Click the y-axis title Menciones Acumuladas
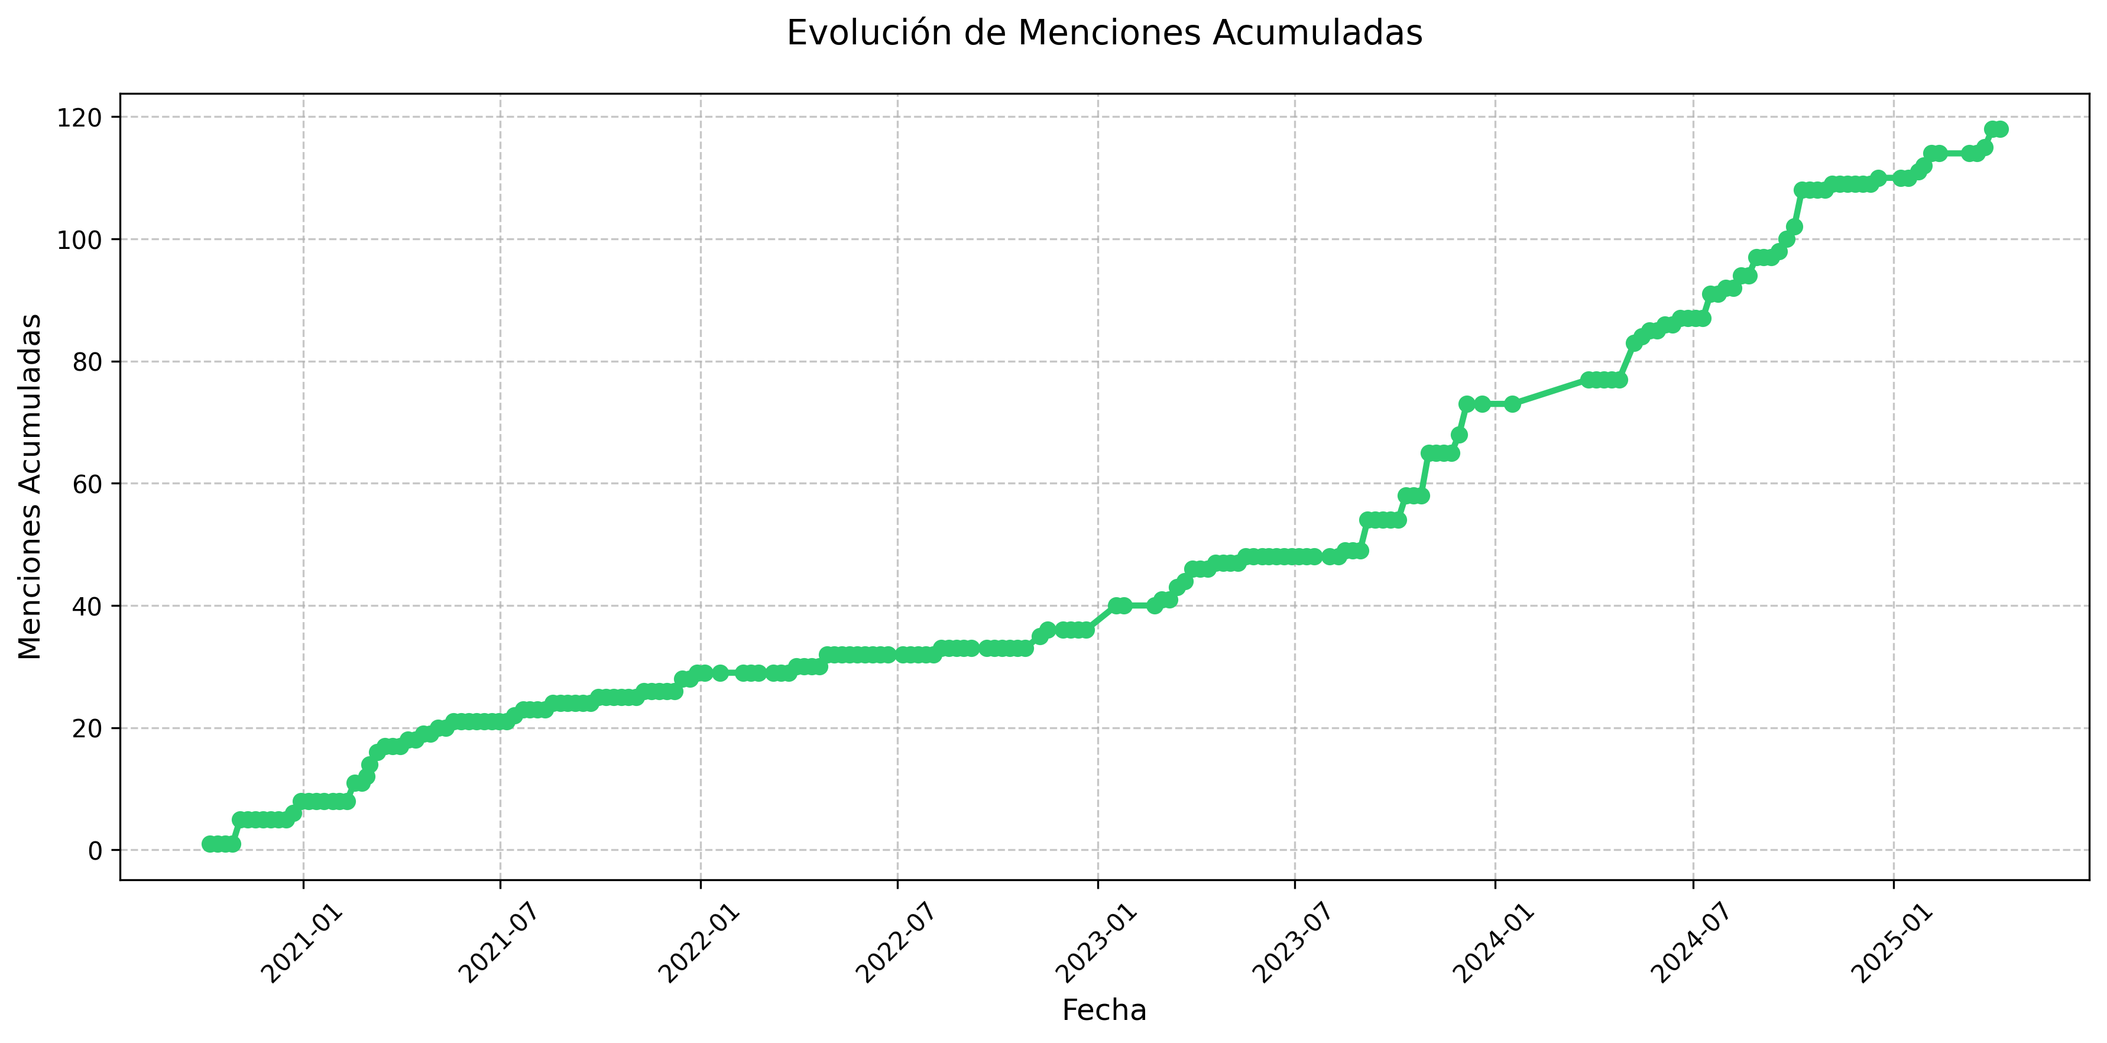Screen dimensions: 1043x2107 (x=30, y=486)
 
